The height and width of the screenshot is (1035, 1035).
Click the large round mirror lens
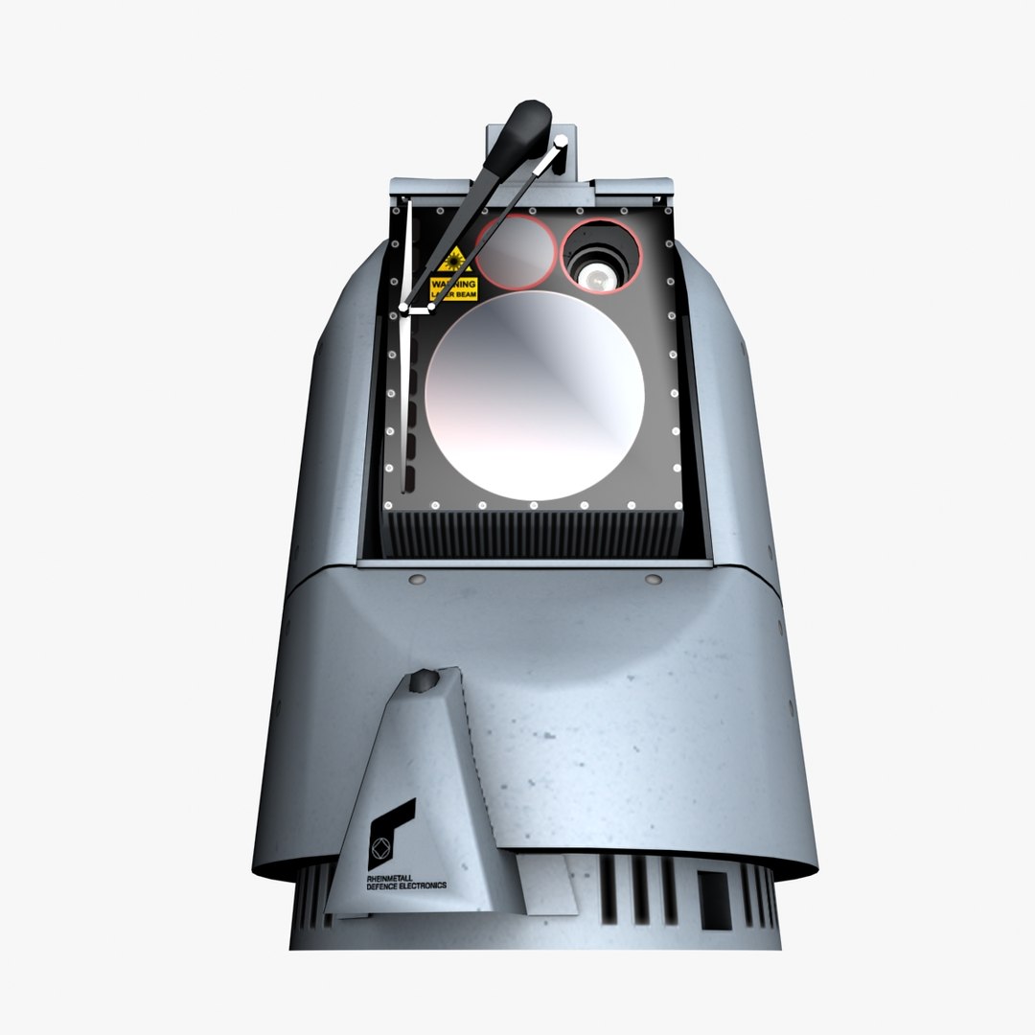535,396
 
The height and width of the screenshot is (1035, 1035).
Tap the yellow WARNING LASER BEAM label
453,288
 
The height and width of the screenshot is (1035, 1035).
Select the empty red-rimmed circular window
517,252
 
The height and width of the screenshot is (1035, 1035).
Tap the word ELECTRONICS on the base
422,885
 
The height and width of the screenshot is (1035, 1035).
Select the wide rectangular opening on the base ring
714,900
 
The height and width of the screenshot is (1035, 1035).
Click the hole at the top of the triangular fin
423,681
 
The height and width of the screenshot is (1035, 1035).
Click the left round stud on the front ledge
415,580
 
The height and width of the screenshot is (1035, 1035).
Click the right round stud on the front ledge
654,579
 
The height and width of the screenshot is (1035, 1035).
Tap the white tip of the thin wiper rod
562,144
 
